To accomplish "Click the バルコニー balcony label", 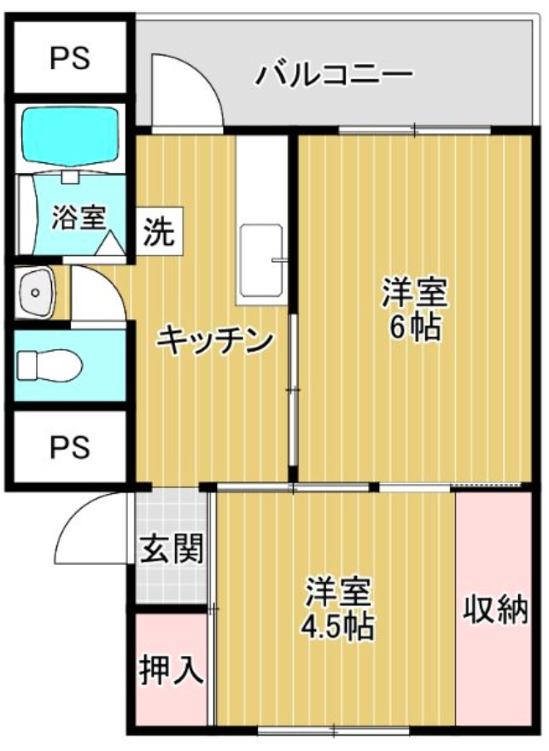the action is coord(334,75).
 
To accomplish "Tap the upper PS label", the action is coord(70,58).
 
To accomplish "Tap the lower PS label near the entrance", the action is coord(70,446).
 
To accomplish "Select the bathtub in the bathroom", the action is coord(70,136).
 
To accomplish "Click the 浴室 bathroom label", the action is coord(79,218).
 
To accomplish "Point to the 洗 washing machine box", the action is coord(160,231).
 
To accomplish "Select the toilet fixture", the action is coord(49,365).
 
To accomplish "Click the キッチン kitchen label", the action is coord(215,341).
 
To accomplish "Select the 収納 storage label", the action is coord(495,609).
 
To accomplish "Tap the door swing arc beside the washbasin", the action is coord(109,282).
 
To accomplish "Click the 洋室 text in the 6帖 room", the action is coord(415,294).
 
